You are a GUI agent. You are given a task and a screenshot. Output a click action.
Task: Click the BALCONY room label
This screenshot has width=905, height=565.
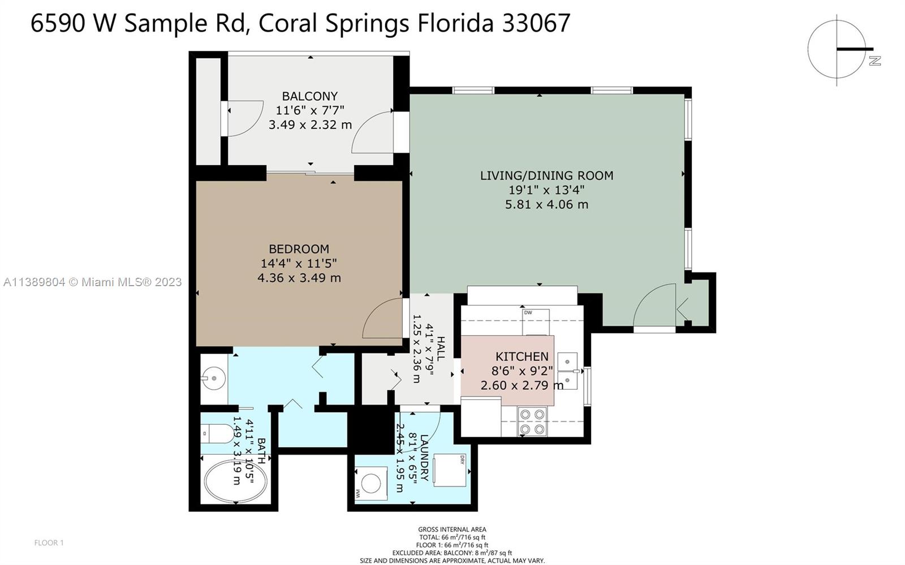[x=310, y=96]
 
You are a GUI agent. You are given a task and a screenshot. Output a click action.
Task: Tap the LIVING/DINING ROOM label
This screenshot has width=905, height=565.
[x=546, y=175]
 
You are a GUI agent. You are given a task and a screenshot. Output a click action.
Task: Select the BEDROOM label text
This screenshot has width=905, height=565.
[x=299, y=249]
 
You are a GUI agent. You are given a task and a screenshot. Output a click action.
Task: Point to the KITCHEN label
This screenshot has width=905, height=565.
[x=522, y=357]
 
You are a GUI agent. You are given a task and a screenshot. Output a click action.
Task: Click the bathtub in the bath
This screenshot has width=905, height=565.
[x=235, y=481]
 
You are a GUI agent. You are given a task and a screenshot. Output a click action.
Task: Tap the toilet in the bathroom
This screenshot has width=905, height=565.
[x=217, y=434]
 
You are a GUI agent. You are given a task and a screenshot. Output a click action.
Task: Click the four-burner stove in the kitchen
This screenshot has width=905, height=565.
[x=532, y=422]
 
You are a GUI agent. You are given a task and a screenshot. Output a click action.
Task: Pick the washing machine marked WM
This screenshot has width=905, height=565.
[x=370, y=484]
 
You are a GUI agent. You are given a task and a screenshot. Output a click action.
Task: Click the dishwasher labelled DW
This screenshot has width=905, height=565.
[x=536, y=322]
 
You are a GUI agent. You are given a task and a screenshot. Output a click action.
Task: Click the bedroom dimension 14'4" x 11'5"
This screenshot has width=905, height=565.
[x=299, y=264]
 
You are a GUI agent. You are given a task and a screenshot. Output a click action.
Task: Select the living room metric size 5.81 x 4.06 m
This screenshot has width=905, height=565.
[x=546, y=204]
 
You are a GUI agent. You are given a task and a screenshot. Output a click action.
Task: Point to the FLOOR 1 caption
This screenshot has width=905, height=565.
[x=49, y=543]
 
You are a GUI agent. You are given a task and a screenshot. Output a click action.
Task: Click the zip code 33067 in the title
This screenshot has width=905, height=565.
[x=536, y=23]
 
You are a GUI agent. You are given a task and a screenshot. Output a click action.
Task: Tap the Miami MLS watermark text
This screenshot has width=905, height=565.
[x=93, y=282]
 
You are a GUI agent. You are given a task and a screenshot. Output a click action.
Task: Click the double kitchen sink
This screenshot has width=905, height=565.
[x=568, y=371]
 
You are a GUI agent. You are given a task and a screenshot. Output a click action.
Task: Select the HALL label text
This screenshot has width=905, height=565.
[x=441, y=348]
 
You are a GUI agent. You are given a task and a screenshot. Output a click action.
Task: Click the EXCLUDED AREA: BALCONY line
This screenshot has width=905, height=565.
[x=452, y=553]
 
